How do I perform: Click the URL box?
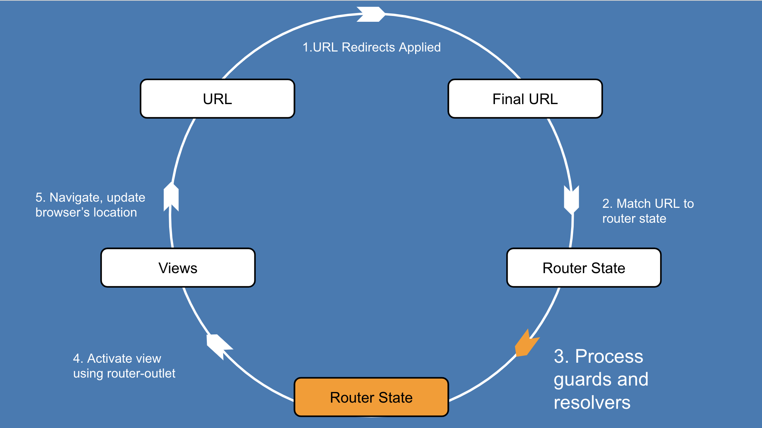click(217, 99)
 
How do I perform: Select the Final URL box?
click(525, 99)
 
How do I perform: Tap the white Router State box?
click(584, 268)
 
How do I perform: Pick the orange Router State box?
click(371, 397)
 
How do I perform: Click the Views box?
click(178, 268)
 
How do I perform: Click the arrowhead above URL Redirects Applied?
click(370, 15)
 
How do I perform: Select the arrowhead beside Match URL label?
click(571, 199)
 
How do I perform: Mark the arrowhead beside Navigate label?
click(171, 197)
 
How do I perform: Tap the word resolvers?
click(592, 403)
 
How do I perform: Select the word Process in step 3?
click(609, 356)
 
